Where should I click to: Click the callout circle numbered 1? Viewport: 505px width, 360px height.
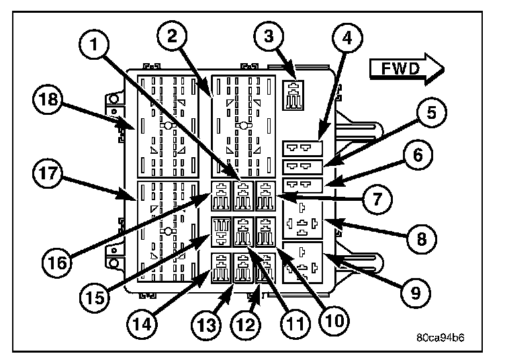coord(94,44)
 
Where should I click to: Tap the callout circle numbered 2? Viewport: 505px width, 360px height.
coord(173,36)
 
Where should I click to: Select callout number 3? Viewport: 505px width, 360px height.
coord(269,36)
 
